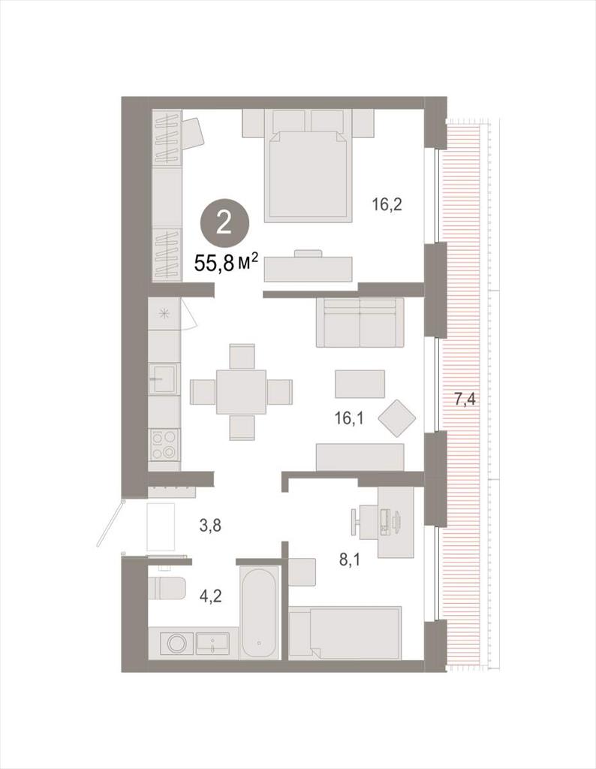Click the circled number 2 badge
click(225, 224)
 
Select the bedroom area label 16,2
click(387, 204)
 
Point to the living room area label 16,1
click(348, 419)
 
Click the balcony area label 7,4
click(464, 400)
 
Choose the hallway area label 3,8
click(209, 526)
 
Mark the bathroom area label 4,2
click(209, 596)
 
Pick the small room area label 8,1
click(351, 559)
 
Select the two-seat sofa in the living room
click(360, 322)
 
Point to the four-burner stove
click(164, 445)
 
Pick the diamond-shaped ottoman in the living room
click(396, 418)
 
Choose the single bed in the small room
click(345, 632)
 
